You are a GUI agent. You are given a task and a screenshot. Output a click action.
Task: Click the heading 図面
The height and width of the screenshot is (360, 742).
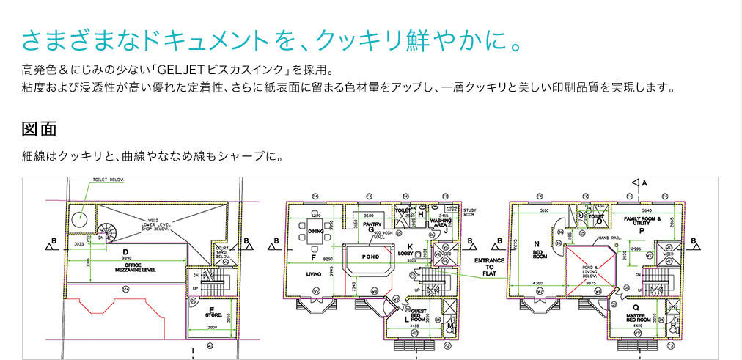(x=40, y=129)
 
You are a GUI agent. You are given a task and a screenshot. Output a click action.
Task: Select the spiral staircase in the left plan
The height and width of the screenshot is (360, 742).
(x=107, y=232)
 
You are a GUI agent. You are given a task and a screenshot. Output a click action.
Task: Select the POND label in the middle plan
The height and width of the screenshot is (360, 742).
(x=371, y=257)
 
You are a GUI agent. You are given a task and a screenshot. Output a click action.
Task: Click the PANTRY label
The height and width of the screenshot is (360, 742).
(x=372, y=225)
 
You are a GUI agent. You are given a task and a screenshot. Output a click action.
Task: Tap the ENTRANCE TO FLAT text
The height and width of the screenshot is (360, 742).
(x=488, y=266)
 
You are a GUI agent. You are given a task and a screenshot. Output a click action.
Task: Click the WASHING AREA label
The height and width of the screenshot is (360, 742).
(x=441, y=221)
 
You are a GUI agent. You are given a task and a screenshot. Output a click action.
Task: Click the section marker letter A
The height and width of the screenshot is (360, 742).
(x=644, y=182)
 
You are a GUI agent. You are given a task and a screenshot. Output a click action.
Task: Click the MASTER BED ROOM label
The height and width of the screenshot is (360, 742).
(x=636, y=317)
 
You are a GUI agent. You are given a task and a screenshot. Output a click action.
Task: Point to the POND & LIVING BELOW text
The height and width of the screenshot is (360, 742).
(x=589, y=271)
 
